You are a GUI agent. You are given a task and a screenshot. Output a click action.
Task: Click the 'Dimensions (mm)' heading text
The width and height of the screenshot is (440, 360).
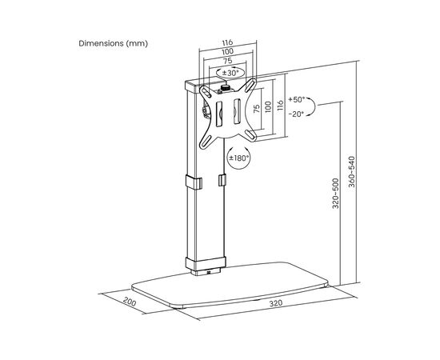point(113,43)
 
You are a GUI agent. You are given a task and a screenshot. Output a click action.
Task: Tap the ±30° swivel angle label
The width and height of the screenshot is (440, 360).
point(230,73)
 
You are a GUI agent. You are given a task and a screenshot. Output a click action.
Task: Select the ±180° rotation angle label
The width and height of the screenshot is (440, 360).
point(239,158)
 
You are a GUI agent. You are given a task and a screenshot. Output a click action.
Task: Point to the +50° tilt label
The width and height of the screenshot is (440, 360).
point(297,99)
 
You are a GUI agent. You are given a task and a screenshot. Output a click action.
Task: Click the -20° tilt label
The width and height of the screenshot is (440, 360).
point(296,114)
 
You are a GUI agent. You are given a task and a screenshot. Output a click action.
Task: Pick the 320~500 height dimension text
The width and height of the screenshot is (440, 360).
point(336,194)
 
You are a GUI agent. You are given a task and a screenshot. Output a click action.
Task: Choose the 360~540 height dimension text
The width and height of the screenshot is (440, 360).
point(352,172)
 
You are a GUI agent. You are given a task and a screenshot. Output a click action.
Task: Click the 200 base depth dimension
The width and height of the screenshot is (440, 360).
point(130,302)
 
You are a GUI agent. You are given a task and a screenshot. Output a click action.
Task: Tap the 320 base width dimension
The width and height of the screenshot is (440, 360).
point(276,303)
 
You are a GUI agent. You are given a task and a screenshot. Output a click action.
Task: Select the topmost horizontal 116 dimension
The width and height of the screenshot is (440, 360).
point(227,42)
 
